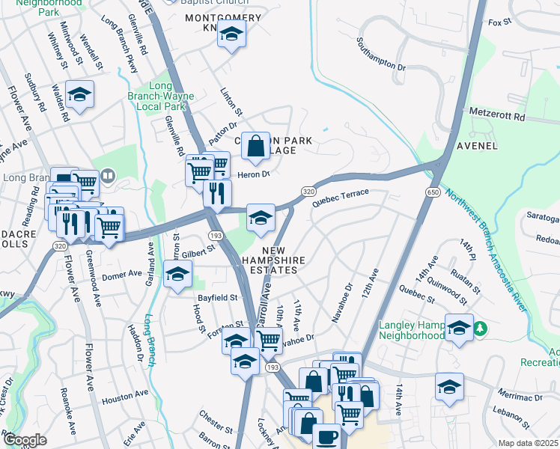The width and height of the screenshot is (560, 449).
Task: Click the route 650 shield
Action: (433, 192)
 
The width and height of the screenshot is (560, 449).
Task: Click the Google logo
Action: (25, 440)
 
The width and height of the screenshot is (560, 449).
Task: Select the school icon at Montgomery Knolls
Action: (232, 34)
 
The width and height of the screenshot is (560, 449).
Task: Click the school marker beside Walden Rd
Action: (79, 95)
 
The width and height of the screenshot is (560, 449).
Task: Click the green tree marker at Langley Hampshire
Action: (483, 328)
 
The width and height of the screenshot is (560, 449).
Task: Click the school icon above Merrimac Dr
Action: (448, 387)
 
